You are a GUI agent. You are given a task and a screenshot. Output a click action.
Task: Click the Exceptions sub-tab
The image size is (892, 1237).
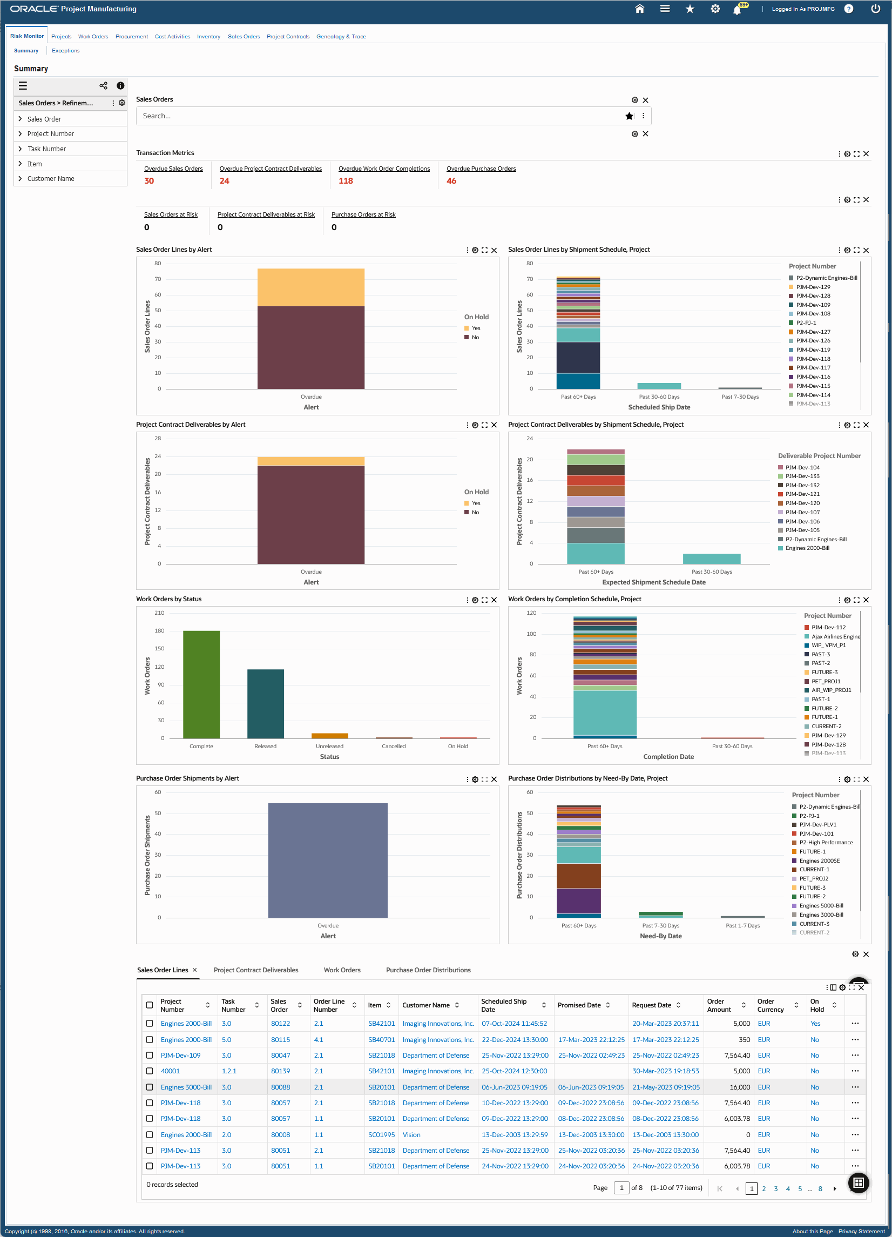(x=65, y=51)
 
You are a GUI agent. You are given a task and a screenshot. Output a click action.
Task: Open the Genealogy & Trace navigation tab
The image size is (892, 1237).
(x=341, y=37)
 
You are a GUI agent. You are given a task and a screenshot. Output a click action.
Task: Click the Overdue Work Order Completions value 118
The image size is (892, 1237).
(x=346, y=181)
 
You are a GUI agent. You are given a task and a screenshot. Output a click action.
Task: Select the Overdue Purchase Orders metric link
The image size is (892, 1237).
(x=481, y=169)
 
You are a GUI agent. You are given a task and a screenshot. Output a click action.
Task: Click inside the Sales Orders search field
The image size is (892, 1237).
(x=382, y=116)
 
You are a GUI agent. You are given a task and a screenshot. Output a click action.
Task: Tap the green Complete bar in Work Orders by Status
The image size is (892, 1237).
(x=201, y=684)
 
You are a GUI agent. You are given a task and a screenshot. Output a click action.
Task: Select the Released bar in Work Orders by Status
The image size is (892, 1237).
(x=266, y=704)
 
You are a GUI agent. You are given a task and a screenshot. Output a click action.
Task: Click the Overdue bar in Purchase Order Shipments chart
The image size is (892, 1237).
(x=328, y=860)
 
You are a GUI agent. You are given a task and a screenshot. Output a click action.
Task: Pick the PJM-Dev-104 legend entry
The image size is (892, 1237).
(x=802, y=467)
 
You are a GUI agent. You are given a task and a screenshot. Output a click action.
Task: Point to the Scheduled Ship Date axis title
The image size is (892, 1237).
(x=659, y=407)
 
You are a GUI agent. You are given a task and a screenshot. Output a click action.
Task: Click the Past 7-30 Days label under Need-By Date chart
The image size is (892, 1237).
(x=660, y=925)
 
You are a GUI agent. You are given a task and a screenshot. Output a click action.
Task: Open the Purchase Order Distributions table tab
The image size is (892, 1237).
(x=428, y=970)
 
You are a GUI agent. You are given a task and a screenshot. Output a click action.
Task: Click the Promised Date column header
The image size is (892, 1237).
(x=578, y=1005)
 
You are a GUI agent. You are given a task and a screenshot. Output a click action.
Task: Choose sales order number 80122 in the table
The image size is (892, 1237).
(x=280, y=1024)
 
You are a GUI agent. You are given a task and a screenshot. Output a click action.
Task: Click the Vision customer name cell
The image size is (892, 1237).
(x=411, y=1135)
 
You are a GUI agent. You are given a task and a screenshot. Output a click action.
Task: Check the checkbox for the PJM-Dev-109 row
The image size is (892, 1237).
(x=150, y=1056)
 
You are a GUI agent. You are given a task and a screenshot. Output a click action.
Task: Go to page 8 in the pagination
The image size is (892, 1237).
(x=820, y=1189)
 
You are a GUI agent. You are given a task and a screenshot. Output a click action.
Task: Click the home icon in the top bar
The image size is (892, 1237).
(x=639, y=9)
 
